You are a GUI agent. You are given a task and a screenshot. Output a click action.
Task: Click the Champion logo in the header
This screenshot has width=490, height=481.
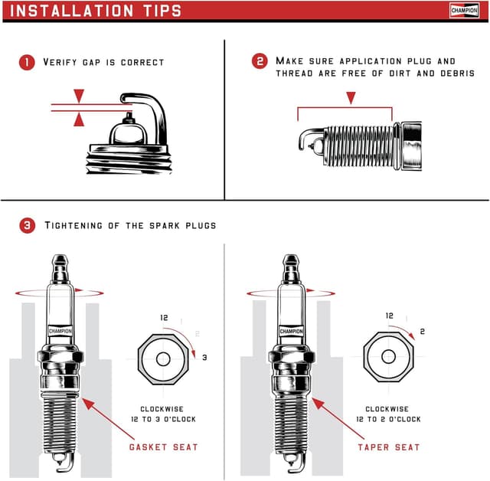[x=464, y=10]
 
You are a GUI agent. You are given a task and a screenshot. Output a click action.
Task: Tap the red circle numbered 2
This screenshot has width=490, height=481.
[x=260, y=61]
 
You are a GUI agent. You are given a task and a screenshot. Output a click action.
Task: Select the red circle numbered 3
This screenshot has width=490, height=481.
[x=27, y=226]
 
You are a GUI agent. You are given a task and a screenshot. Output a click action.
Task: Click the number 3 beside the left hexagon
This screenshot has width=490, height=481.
[x=204, y=358]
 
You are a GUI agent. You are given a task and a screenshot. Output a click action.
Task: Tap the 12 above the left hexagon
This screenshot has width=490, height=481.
[x=163, y=317]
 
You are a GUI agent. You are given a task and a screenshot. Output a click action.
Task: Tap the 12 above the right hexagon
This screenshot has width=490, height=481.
[x=389, y=316]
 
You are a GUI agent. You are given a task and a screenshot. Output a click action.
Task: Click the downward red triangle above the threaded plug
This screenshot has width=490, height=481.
[x=351, y=98]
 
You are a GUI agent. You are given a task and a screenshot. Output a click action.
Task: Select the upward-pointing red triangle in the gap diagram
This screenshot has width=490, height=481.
[x=79, y=119]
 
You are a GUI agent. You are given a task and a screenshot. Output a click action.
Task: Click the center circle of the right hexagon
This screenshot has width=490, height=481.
[x=388, y=357]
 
